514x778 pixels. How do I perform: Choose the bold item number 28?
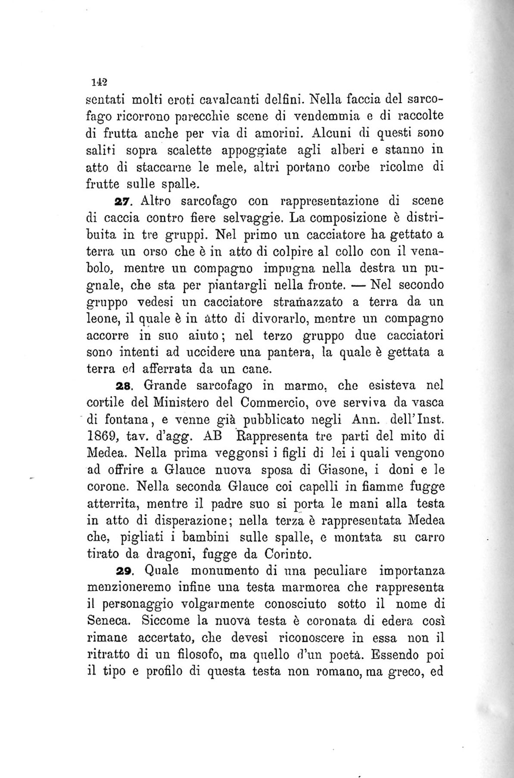pyautogui.click(x=125, y=385)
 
